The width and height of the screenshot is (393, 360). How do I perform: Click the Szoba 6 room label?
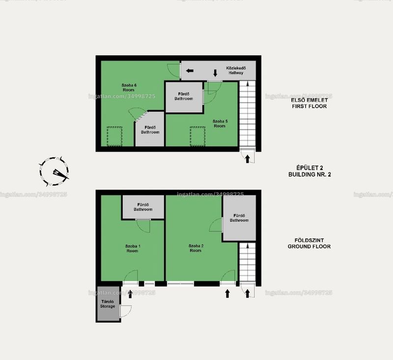coord(129,87)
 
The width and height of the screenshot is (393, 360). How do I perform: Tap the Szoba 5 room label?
coord(220,123)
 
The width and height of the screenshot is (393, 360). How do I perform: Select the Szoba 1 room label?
coord(133,248)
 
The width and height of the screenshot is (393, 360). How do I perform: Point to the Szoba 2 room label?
coord(196,248)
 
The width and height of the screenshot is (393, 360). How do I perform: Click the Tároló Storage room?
coord(108,304)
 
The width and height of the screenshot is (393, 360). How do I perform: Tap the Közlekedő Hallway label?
coord(236,70)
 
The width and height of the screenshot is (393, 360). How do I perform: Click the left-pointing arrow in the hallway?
coord(190,71)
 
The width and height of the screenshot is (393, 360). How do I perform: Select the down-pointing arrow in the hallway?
coord(215,73)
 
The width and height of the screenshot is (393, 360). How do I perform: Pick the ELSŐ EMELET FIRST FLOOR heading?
coord(309,103)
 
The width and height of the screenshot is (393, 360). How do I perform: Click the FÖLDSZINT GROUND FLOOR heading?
coord(309,244)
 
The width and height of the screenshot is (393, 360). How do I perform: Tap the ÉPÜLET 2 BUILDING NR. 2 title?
coord(309,171)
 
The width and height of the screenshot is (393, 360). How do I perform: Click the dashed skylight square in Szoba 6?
coord(114,137)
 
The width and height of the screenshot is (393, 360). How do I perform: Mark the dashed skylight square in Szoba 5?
coord(197,137)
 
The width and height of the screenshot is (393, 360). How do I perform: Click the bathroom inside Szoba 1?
coord(143,207)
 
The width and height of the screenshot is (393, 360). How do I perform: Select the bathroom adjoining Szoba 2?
coord(239,218)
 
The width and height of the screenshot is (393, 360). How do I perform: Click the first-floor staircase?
coord(248,113)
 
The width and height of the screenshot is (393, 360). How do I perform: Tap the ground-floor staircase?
coord(248,262)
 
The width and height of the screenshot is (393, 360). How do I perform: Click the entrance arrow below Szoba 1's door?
coord(130,294)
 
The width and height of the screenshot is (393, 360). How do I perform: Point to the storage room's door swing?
coord(126,311)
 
